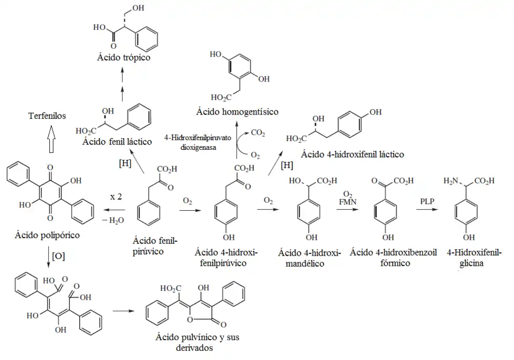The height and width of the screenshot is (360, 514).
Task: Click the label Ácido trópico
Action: coord(124,58)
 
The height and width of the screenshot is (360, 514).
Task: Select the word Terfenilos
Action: coord(47,116)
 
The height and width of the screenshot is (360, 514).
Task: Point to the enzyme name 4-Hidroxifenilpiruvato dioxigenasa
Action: coord(198,142)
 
